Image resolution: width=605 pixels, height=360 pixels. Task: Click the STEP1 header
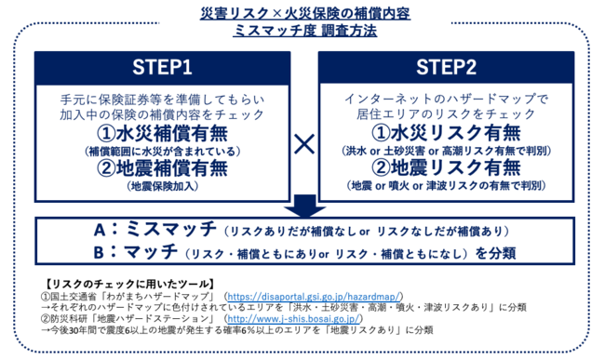(x=163, y=68)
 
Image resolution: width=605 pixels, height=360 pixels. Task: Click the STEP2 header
(x=446, y=68)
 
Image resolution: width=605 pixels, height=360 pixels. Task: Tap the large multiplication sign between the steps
(x=304, y=144)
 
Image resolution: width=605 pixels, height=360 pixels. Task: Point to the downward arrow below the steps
(x=304, y=207)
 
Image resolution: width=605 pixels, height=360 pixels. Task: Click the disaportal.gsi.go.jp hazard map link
(x=314, y=297)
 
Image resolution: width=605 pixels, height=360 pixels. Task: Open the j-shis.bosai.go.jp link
(x=293, y=319)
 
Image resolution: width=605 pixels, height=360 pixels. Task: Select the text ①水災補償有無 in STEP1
(x=163, y=134)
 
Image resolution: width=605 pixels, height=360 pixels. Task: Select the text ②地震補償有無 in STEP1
(x=163, y=168)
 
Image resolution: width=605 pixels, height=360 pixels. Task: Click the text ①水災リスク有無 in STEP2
(x=446, y=133)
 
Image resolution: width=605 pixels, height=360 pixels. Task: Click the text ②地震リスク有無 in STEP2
(x=446, y=167)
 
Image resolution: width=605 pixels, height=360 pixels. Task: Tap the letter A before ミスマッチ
(x=100, y=231)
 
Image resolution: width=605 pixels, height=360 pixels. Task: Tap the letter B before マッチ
(x=99, y=253)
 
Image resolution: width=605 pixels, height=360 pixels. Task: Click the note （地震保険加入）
(x=163, y=186)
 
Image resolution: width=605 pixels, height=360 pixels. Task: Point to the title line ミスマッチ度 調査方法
(x=304, y=31)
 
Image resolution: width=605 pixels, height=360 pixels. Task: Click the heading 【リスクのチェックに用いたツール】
(x=128, y=285)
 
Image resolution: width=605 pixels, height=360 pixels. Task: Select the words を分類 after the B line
(x=495, y=253)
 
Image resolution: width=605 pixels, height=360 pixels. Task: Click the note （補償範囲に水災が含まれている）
(x=163, y=151)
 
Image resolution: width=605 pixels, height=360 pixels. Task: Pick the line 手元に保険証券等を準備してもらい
(x=163, y=100)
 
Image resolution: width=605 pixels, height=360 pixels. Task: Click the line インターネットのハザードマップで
(x=446, y=99)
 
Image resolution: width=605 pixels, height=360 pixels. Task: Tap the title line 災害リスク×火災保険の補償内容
(x=304, y=14)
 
